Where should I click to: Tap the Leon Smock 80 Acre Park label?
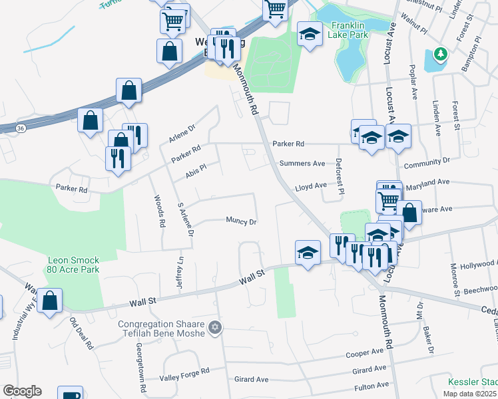coord(73,265)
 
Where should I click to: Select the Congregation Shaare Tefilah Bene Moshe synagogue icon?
coord(214,327)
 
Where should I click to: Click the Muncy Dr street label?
coord(241,221)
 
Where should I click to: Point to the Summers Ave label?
coord(302,163)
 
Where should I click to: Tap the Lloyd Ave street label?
coord(311,186)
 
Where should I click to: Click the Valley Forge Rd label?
coord(184,378)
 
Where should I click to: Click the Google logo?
coord(22,391)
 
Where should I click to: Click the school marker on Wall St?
coord(308,253)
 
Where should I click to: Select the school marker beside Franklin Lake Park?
coord(310,34)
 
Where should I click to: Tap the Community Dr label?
coord(427,162)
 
